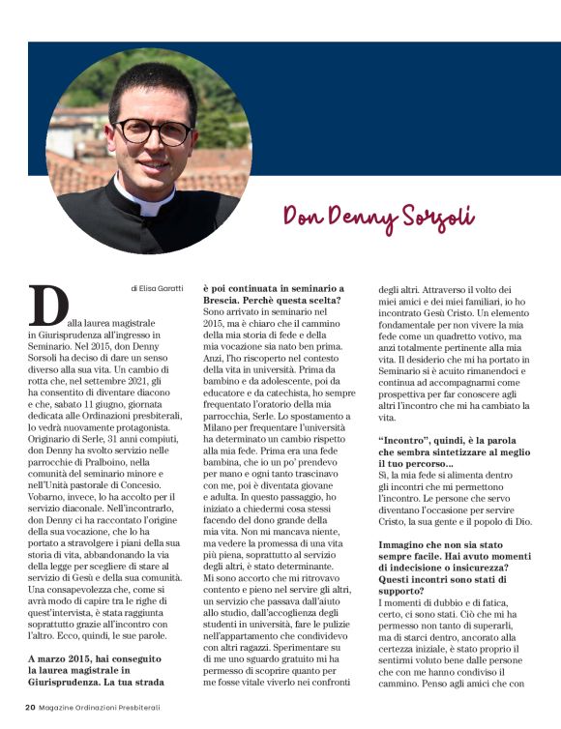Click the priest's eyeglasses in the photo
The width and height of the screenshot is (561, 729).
152,131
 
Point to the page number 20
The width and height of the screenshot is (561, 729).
31,708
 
